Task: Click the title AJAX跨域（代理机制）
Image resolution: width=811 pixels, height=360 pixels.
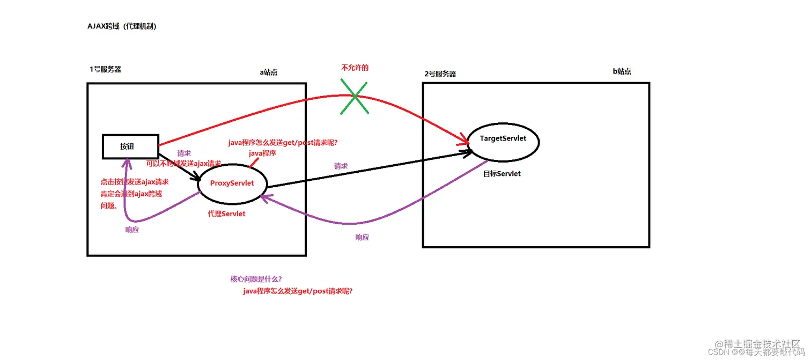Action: pyautogui.click(x=122, y=26)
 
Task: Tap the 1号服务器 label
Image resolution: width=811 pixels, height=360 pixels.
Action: pyautogui.click(x=105, y=69)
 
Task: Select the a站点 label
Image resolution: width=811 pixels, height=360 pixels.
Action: pyautogui.click(x=269, y=72)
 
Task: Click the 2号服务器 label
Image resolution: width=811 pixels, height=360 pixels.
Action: pyautogui.click(x=440, y=74)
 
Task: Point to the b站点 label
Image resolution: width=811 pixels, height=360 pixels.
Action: pyautogui.click(x=622, y=71)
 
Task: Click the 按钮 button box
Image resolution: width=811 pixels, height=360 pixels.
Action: pyautogui.click(x=130, y=146)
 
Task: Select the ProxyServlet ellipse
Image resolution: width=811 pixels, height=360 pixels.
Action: pyautogui.click(x=232, y=183)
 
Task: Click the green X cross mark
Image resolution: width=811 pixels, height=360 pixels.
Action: pyautogui.click(x=355, y=97)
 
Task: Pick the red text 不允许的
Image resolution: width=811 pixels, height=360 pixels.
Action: pyautogui.click(x=355, y=68)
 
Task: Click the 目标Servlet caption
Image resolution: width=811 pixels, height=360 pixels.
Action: pyautogui.click(x=502, y=174)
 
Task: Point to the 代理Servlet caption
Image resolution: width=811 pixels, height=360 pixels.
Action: pyautogui.click(x=227, y=214)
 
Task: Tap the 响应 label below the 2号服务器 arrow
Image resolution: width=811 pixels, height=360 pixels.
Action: pyautogui.click(x=362, y=237)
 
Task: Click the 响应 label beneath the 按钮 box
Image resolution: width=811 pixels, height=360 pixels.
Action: pyautogui.click(x=131, y=229)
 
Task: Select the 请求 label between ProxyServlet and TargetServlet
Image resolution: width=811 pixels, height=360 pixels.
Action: pyautogui.click(x=341, y=166)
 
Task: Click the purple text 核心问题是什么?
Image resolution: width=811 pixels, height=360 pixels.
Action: pyautogui.click(x=256, y=279)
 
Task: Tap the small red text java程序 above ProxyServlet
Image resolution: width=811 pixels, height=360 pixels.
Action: pyautogui.click(x=262, y=153)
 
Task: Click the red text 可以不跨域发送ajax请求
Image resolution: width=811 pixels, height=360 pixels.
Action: pyautogui.click(x=183, y=163)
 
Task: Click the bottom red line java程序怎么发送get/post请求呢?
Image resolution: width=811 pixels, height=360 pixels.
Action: pyautogui.click(x=298, y=291)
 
